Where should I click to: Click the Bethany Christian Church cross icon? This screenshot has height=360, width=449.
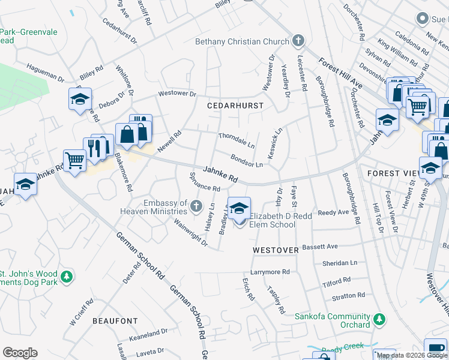tap(297, 41)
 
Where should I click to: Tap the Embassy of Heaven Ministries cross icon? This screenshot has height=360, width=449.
tap(196, 207)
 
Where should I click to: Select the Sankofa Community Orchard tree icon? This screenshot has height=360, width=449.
tap(379, 317)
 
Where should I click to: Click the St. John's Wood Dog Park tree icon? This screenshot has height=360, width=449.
tap(68, 277)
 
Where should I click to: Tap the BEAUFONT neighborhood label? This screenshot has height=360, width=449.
tap(115, 321)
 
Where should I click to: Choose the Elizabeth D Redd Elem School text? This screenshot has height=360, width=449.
tap(273, 220)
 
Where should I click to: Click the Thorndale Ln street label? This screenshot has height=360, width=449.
tap(237, 140)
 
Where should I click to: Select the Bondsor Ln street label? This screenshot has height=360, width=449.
tap(247, 160)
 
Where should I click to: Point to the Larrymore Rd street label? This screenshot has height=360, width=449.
tap(270, 272)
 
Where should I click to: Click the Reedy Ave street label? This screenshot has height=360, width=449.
tap(333, 212)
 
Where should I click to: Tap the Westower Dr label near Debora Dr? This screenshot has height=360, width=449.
tap(177, 94)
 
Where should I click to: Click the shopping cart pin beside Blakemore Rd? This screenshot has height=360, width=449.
tap(75, 161)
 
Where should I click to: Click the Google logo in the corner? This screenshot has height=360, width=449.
tap(20, 353)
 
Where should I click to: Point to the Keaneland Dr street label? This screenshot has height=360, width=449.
tap(148, 332)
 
